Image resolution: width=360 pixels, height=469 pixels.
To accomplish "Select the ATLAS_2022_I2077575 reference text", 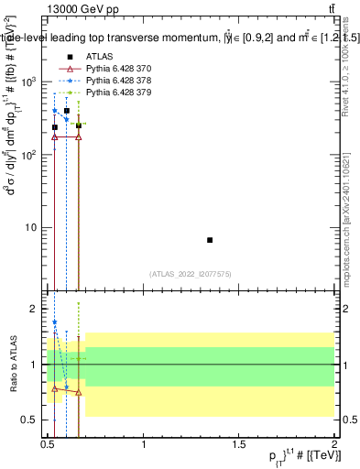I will click(x=191, y=274).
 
